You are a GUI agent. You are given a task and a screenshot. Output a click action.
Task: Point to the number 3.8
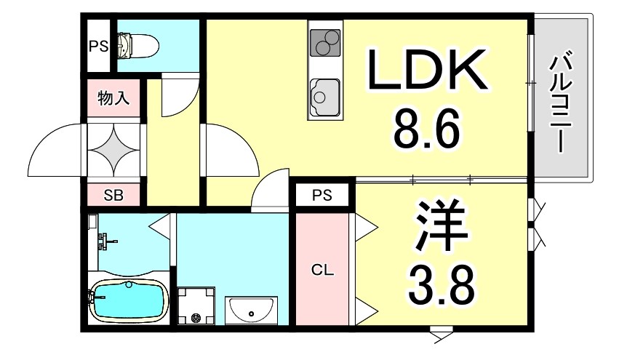pyautogui.click(x=442, y=284)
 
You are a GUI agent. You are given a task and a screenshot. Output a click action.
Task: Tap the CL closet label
pyautogui.click(x=322, y=271)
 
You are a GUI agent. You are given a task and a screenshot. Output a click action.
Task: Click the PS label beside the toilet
pyautogui.click(x=98, y=47)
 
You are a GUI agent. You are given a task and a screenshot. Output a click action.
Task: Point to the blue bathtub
pyautogui.click(x=128, y=300)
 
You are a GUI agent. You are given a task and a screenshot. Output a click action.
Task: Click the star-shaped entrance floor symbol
pyautogui.click(x=113, y=146)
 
